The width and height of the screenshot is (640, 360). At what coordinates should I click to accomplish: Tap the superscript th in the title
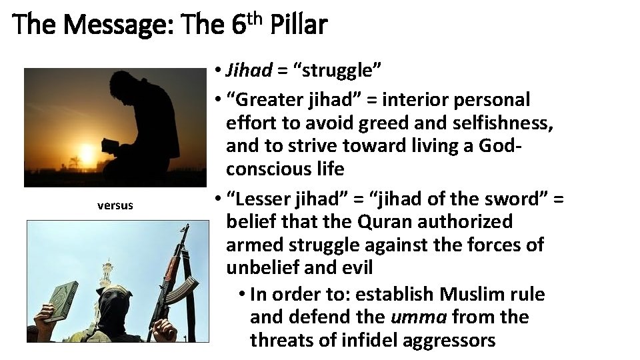tap(257, 16)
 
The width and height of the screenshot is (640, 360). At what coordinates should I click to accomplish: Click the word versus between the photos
tap(115, 205)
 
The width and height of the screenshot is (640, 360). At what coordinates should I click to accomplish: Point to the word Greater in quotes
tap(269, 100)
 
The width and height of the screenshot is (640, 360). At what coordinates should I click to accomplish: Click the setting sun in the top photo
tap(86, 150)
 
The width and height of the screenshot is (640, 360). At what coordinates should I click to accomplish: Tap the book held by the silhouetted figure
tap(109, 145)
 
